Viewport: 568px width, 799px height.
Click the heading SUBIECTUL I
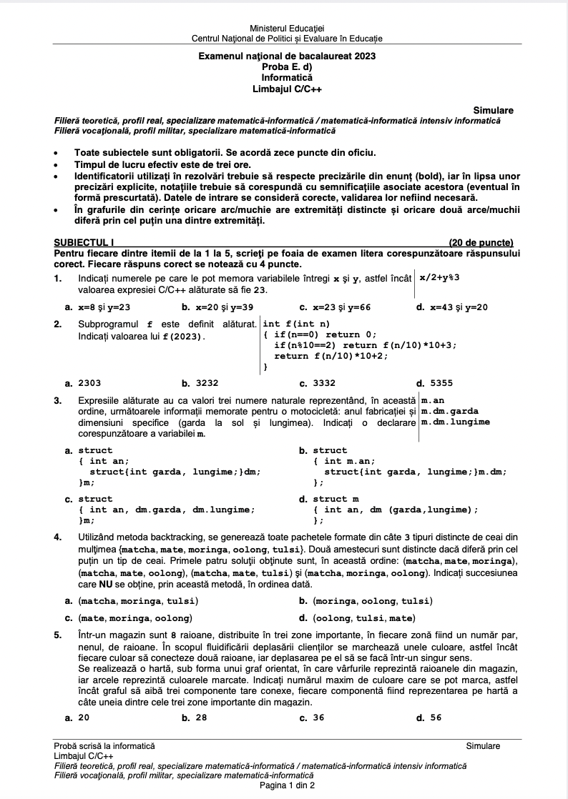coord(84,242)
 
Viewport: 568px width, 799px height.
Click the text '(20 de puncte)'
coord(481,242)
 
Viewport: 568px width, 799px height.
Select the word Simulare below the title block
coord(493,111)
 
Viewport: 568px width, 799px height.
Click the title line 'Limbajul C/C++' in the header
coord(283,89)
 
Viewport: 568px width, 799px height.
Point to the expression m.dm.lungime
coord(456,422)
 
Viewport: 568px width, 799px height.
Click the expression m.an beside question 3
coord(433,400)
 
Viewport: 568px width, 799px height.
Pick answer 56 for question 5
coord(435,718)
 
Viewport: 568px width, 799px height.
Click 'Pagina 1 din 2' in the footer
coord(284,785)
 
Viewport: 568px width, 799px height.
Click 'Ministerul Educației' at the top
coord(283,27)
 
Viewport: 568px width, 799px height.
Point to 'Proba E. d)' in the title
coord(283,66)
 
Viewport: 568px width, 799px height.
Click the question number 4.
coord(57,537)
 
